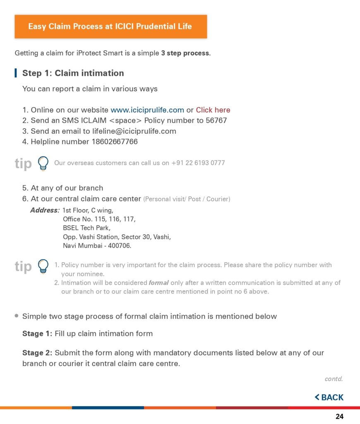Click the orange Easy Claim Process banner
coord(110,26)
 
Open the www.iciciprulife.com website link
coord(147,110)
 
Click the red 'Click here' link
coord(213,110)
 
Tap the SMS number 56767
coord(216,120)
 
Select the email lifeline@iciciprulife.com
coord(134,131)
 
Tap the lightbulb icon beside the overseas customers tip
coord(43,163)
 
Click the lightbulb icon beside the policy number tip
coord(43,266)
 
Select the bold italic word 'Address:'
coord(45,210)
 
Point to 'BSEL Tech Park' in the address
coord(86,228)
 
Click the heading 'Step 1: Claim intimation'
coord(73,73)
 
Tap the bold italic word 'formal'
coord(158,283)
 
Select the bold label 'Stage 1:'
coord(37,333)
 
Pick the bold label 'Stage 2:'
coord(37,353)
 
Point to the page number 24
coord(339,417)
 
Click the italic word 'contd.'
coord(334,378)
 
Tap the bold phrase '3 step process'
coord(185,53)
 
